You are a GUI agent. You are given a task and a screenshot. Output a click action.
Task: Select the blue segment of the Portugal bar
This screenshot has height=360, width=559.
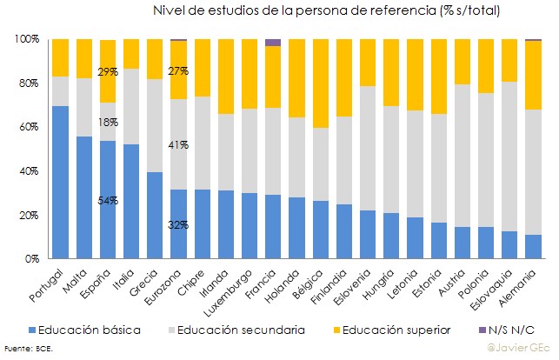tap(60, 183)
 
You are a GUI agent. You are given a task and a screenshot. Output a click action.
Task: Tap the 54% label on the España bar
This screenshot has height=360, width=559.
tap(109, 201)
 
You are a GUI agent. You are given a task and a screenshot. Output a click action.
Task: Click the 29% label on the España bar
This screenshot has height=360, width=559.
tap(109, 71)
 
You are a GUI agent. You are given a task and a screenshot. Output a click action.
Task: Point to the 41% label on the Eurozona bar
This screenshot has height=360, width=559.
tap(179, 145)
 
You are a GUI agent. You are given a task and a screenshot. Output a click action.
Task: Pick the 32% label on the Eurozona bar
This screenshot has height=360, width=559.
tap(179, 225)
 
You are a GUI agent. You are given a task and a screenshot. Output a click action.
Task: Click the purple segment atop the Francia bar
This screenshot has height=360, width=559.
tap(273, 43)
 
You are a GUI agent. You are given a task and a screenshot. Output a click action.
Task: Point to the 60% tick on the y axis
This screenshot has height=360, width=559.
tap(26, 127)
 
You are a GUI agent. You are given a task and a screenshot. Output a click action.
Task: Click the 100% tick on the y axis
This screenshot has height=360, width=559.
tap(24, 40)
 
